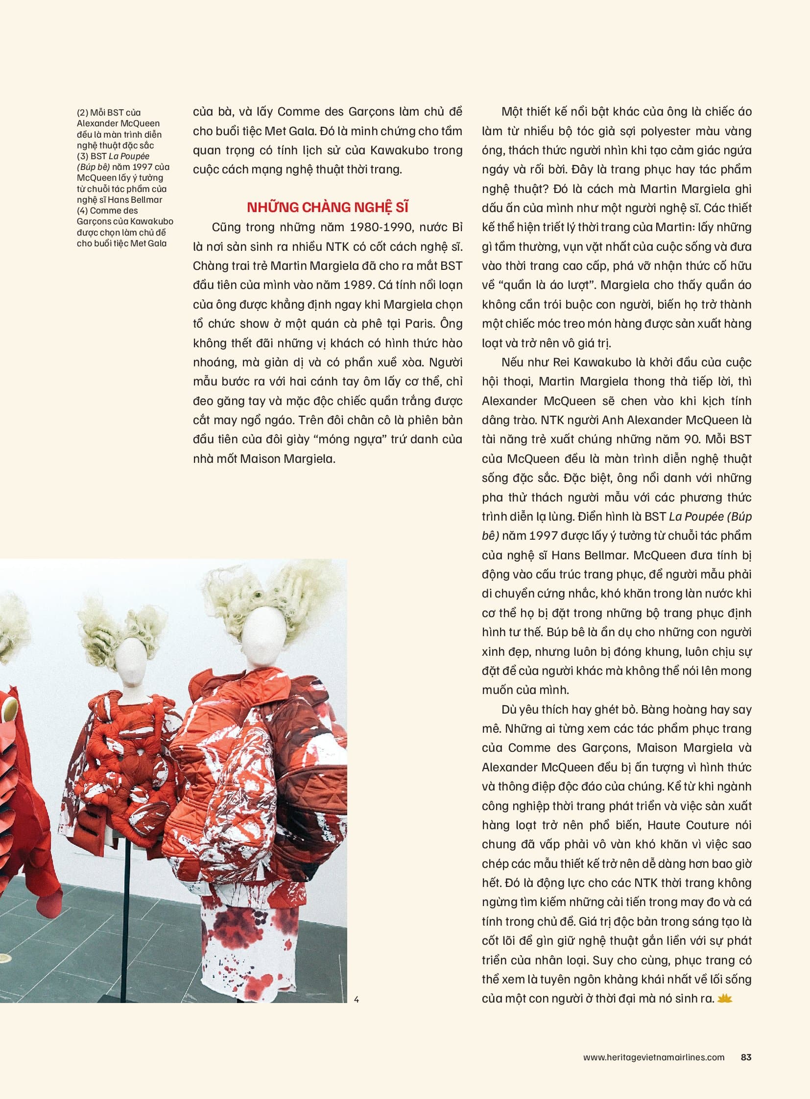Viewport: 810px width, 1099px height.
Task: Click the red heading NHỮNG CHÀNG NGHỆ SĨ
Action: [x=328, y=208]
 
